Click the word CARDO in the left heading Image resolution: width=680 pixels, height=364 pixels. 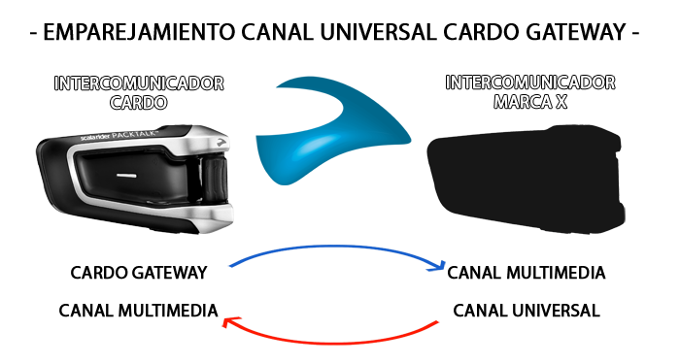[139, 101]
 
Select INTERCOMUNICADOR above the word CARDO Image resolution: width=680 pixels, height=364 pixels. [139, 83]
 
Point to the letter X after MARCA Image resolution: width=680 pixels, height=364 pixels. [561, 101]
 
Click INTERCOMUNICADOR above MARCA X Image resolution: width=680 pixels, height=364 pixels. [530, 83]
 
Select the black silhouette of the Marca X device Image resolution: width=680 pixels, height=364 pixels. [525, 180]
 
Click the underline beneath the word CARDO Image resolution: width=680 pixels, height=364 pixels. [139, 112]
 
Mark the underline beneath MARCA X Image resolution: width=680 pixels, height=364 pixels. [530, 111]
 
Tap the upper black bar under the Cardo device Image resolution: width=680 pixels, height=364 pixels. [139, 273]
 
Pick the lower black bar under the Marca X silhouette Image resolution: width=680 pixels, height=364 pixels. [527, 311]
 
